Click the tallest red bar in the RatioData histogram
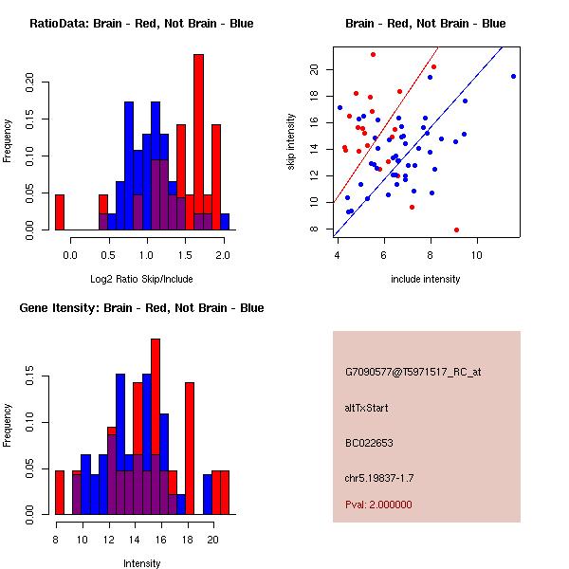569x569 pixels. pos(198,142)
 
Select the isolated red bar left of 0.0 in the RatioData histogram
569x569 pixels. pos(60,212)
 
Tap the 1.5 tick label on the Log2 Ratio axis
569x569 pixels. pos(185,255)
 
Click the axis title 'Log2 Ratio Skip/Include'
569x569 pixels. pos(141,279)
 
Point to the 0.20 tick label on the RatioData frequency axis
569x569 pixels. pos(29,83)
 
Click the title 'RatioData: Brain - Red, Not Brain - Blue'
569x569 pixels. pos(141,24)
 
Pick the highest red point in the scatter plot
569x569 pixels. pos(373,54)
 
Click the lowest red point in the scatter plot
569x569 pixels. pos(456,229)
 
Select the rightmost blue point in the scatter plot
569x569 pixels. pos(513,76)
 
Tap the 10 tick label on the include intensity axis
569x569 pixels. pos(477,255)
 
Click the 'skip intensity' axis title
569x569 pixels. pos(291,141)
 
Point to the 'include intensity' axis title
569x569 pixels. pos(425,279)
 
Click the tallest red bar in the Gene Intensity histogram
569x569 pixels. pos(156,427)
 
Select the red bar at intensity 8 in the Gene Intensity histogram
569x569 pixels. pos(60,492)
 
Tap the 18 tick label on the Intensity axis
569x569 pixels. pos(188,540)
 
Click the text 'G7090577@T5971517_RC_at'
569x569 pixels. pos(413,372)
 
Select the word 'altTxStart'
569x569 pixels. pos(366,408)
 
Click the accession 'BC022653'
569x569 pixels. pos(369,443)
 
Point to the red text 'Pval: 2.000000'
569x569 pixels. pos(378,505)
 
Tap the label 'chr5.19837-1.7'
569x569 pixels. pos(379,478)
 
